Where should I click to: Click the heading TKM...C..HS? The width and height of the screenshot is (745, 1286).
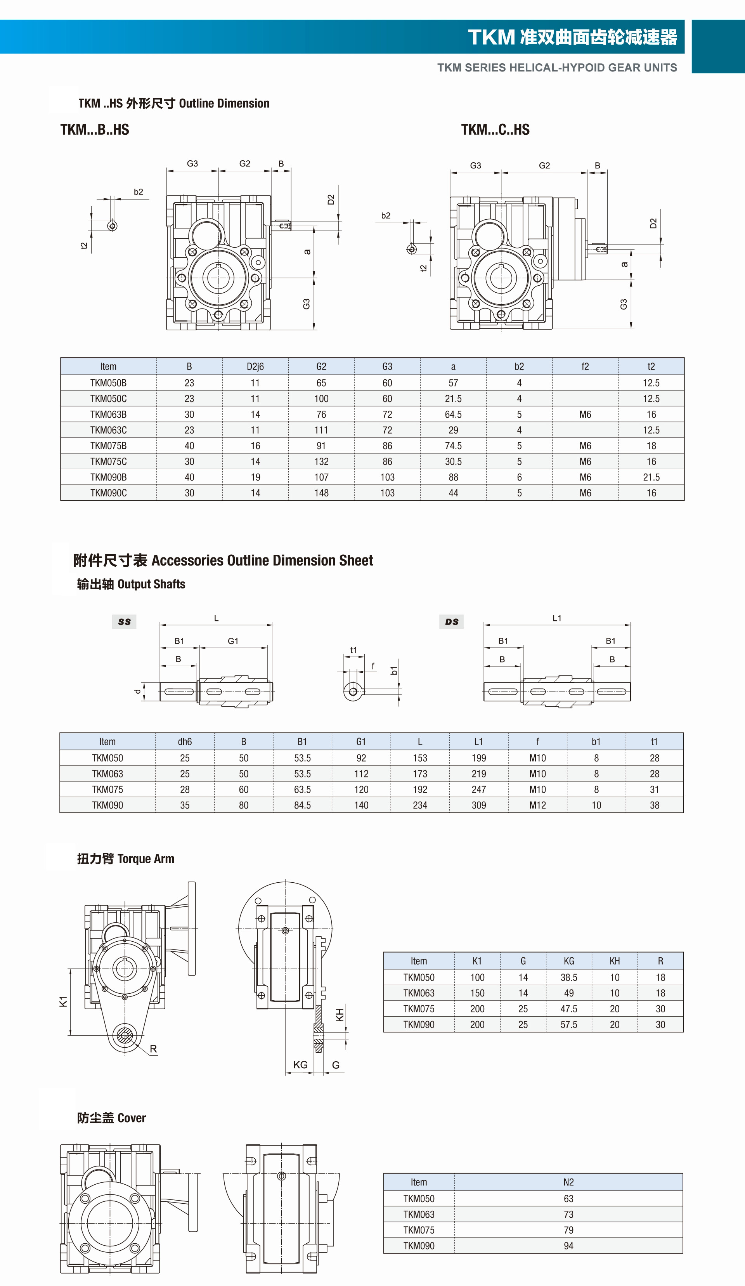495,130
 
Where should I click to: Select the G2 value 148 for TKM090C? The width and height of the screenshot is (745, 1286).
321,493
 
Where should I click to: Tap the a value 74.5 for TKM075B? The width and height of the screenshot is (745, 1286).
453,446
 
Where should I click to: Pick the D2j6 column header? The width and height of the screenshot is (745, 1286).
255,366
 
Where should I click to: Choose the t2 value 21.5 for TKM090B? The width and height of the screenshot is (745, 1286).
651,477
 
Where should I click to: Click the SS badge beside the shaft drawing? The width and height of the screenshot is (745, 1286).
124,621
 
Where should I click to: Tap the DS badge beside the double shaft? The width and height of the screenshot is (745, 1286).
452,621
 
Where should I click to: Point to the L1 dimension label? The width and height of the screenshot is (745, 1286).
557,618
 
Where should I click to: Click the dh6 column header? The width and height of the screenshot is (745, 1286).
185,741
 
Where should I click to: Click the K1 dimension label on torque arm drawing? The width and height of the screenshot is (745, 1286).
63,1001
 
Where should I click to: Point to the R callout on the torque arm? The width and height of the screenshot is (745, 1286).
153,1049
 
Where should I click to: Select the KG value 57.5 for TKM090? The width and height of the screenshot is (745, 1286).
568,1024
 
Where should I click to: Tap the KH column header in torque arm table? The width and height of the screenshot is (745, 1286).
614,961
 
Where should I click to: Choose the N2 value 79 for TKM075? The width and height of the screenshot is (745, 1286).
568,1230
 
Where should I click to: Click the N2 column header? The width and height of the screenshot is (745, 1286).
568,1182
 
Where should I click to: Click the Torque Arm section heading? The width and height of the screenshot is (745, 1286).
126,859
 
